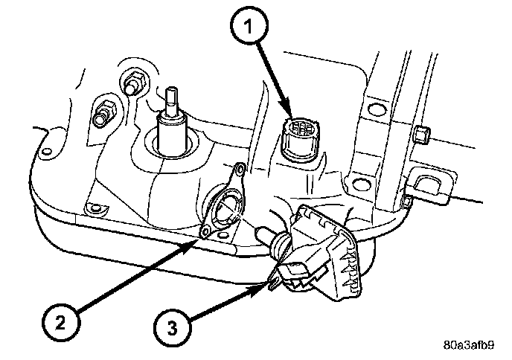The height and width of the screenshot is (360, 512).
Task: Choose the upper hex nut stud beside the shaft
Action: [x=136, y=79]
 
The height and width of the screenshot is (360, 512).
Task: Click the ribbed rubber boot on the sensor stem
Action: [x=281, y=243]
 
